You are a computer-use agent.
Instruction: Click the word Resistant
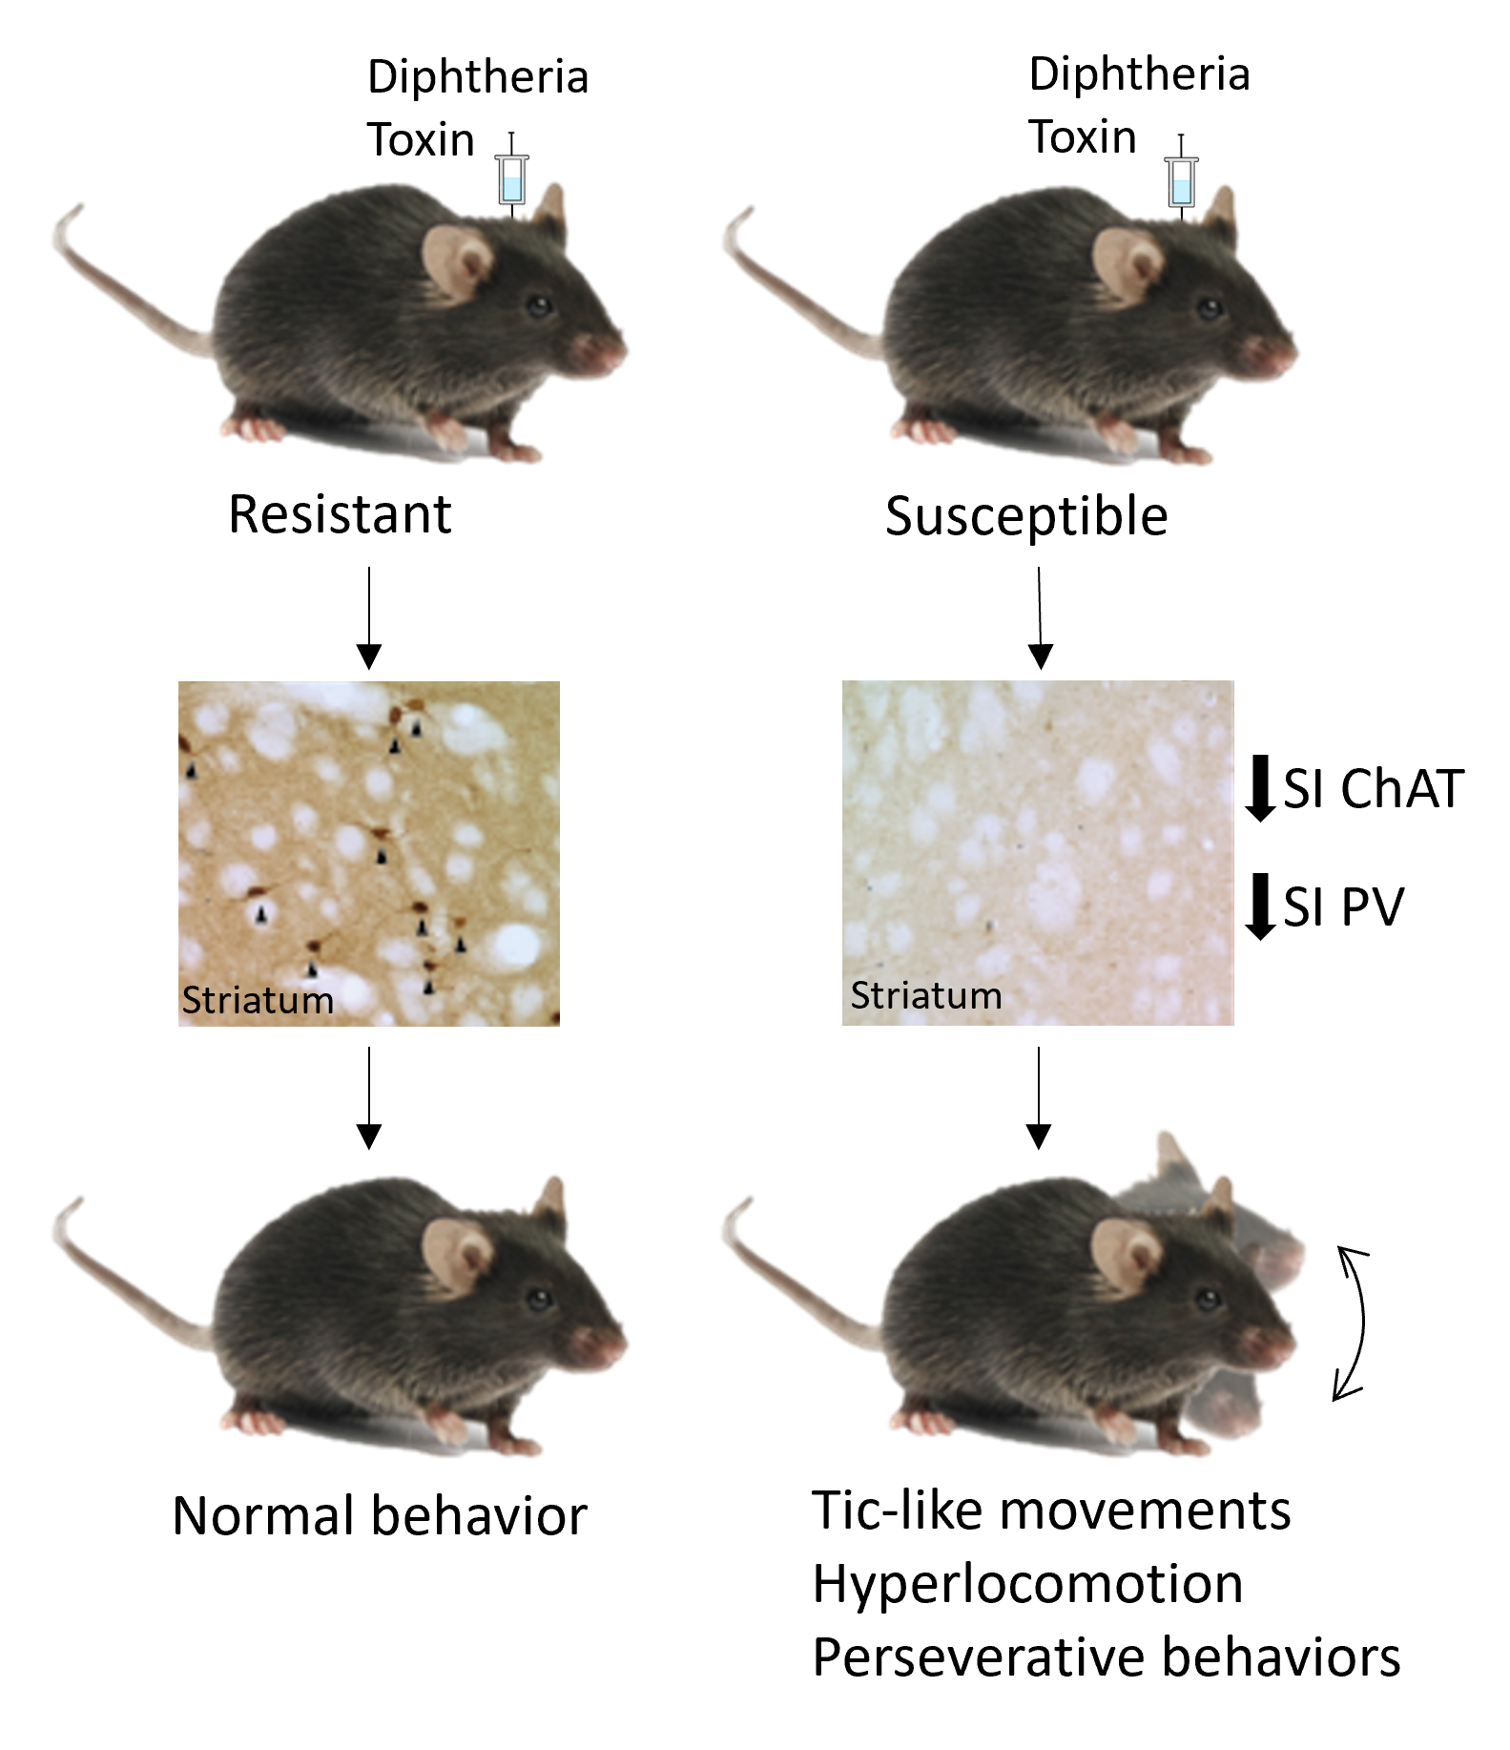340,515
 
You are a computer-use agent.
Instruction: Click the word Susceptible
1026,517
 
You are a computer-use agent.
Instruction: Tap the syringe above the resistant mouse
512,177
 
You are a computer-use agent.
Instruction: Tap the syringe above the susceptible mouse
1182,178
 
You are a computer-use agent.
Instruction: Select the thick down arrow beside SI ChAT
1261,788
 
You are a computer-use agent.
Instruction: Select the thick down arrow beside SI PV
1261,906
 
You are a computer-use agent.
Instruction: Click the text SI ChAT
1373,789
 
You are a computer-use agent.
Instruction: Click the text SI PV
1343,906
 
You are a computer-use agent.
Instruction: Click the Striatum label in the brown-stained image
258,1000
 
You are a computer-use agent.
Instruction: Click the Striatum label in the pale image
925,995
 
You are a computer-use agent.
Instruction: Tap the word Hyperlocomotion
1027,1584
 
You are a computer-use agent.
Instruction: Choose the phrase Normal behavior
380,1515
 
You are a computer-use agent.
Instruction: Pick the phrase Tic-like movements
1051,1510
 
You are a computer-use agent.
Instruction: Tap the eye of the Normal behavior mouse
540,1299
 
